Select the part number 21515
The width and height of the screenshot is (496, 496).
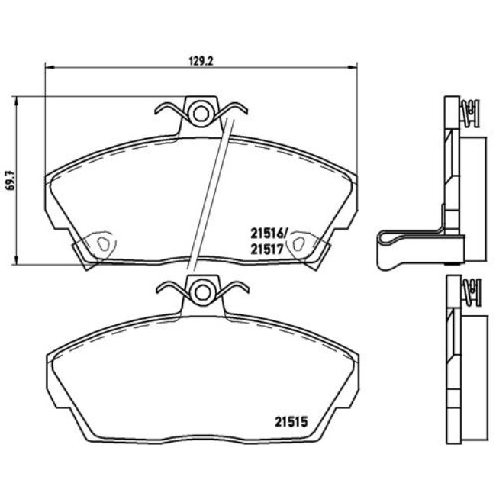point(291,417)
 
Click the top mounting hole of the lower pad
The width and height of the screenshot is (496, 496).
point(201,290)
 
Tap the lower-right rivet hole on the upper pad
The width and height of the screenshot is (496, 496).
point(301,243)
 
